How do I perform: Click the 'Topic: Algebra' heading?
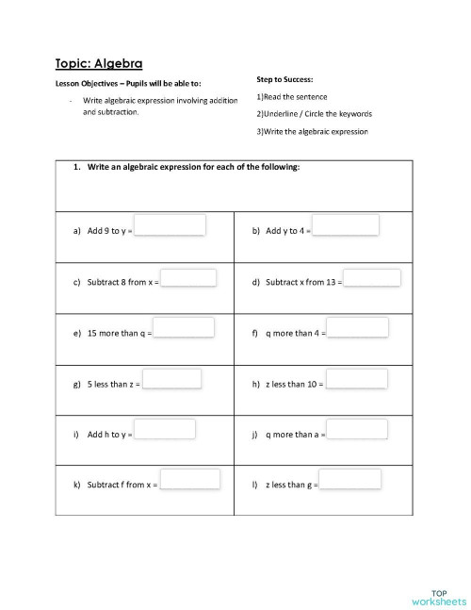(98, 63)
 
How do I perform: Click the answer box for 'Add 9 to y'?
(171, 225)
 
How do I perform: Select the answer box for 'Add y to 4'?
(346, 225)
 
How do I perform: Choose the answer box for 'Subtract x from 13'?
(372, 278)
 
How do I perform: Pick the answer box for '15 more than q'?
(184, 328)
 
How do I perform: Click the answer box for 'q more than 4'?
(358, 327)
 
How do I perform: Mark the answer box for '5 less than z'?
(172, 379)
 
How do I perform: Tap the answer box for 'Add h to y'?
(166, 430)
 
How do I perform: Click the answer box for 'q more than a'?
(357, 430)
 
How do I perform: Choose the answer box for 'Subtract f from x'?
(189, 480)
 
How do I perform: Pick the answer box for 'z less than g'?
(350, 480)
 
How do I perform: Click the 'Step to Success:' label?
(284, 79)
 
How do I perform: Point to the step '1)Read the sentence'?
(291, 97)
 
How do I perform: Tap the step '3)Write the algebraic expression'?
(311, 131)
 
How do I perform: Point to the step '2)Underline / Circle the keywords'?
(314, 114)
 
